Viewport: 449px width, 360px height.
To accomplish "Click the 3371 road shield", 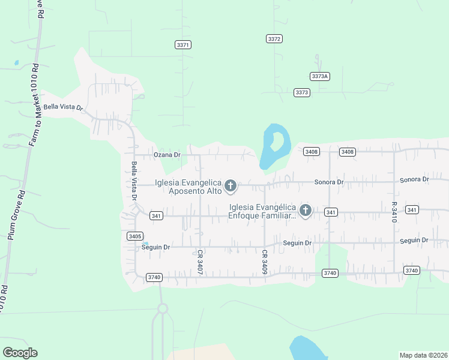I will (x=183, y=45).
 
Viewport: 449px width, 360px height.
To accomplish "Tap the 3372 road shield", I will (x=274, y=38).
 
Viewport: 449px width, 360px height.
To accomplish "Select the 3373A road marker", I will (x=319, y=76).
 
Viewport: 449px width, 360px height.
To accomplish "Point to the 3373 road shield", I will (x=302, y=92).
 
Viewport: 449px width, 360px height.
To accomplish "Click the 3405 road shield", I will (x=135, y=236).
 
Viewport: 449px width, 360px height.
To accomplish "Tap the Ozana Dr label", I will (x=167, y=155).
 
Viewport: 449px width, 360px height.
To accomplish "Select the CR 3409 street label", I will (x=264, y=262).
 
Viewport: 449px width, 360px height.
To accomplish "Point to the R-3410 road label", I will (x=394, y=212).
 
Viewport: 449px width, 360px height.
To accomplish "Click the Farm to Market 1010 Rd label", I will (x=33, y=105).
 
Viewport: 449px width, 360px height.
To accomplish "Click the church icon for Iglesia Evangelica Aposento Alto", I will (x=230, y=187).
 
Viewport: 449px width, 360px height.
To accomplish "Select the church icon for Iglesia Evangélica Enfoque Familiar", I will (x=305, y=211).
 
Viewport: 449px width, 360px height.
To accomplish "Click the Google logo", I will (x=20, y=353).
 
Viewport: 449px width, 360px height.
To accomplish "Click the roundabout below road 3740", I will (x=161, y=309).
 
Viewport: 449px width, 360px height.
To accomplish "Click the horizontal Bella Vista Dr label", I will (x=62, y=108).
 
